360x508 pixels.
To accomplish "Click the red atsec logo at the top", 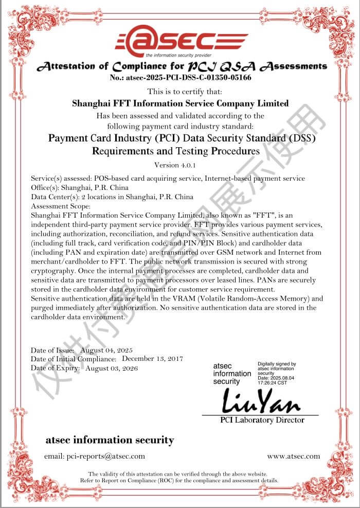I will [181, 40].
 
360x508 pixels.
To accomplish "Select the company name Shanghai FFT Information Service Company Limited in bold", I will [180, 103].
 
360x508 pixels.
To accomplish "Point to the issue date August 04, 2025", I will [106, 350].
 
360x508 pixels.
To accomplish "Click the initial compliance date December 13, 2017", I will [153, 358].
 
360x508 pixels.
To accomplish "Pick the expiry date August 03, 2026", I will [112, 368].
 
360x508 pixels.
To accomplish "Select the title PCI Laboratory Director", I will [262, 420].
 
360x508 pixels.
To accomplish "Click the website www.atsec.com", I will [293, 456].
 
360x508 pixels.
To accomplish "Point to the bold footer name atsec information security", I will [110, 440].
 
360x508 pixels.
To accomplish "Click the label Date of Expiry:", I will [55, 368].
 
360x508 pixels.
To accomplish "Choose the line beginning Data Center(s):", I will [112, 197].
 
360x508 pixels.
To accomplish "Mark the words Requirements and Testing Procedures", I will [176, 151].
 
